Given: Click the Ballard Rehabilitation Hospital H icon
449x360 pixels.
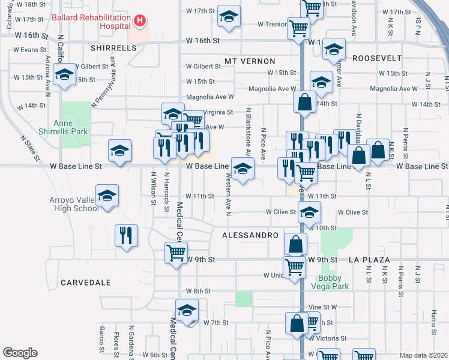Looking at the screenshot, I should point(139,22).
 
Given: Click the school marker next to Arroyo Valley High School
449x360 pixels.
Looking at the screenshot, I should point(107,196).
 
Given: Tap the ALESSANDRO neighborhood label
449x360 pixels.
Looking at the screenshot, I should point(250,236).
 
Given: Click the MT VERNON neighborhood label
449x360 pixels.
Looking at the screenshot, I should point(250,61).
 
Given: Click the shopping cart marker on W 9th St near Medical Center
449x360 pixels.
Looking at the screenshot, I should point(176,253).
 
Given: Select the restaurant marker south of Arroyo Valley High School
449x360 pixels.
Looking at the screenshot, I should point(127,236).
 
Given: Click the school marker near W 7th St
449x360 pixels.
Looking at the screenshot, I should point(187,311).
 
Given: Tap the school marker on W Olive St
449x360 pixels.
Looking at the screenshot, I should point(310,212).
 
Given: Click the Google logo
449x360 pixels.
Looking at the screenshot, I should point(20,353).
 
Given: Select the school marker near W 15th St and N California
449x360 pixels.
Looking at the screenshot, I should point(64,75).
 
